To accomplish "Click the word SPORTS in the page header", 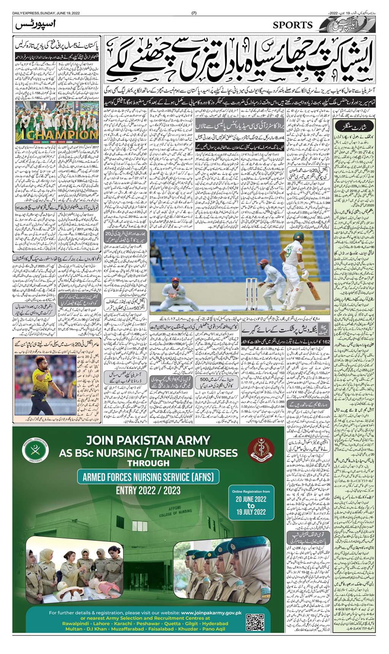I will tap(293, 25).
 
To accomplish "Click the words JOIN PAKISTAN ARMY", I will tap(148, 440).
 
